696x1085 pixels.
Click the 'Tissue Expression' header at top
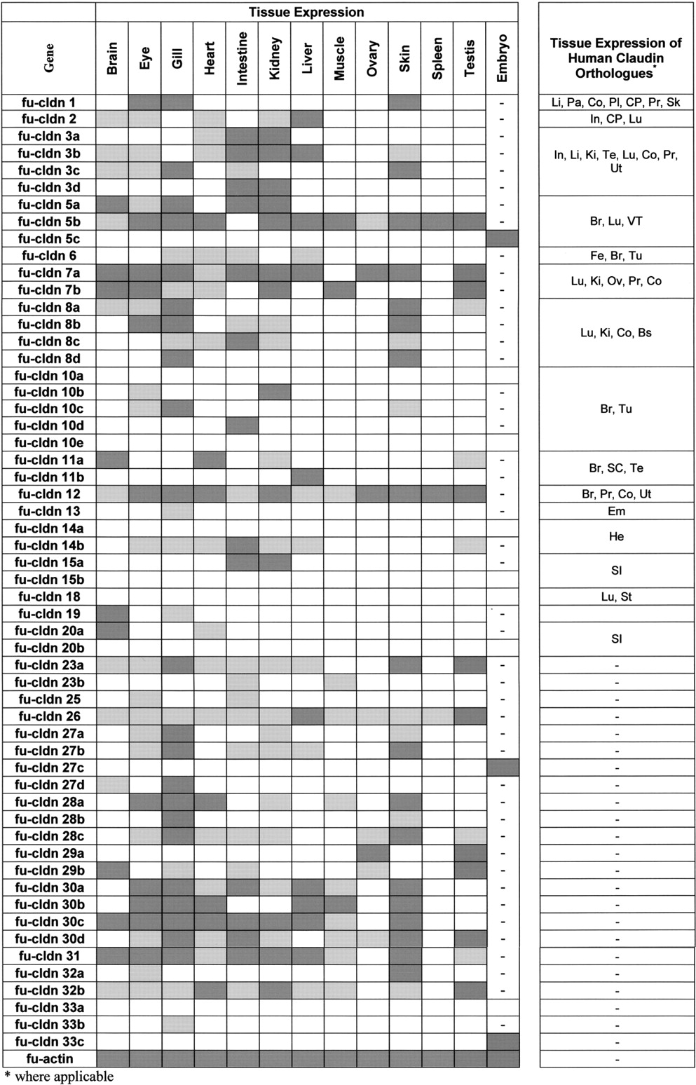click(306, 12)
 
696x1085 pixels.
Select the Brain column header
click(112, 58)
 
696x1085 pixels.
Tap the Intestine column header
click(242, 58)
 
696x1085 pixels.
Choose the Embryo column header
click(502, 58)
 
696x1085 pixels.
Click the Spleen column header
click(437, 58)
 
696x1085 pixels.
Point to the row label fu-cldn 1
click(49, 102)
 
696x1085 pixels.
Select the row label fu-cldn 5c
click(49, 239)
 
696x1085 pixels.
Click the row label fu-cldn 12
click(49, 494)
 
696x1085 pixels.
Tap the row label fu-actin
click(49, 1058)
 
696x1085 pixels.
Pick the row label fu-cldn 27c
click(49, 767)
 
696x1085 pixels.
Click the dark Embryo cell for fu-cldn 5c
click(502, 239)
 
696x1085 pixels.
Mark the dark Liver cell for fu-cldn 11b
click(307, 477)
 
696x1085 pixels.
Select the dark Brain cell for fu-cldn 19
click(112, 614)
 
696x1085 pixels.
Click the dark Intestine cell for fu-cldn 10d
click(242, 425)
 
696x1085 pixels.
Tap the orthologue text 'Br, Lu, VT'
click(616, 221)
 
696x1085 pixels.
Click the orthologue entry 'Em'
click(616, 511)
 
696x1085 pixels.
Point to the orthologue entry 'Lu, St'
click(616, 596)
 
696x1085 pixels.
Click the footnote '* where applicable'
click(59, 1076)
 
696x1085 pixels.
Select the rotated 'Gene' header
click(49, 58)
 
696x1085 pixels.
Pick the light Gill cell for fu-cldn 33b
click(177, 1024)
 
